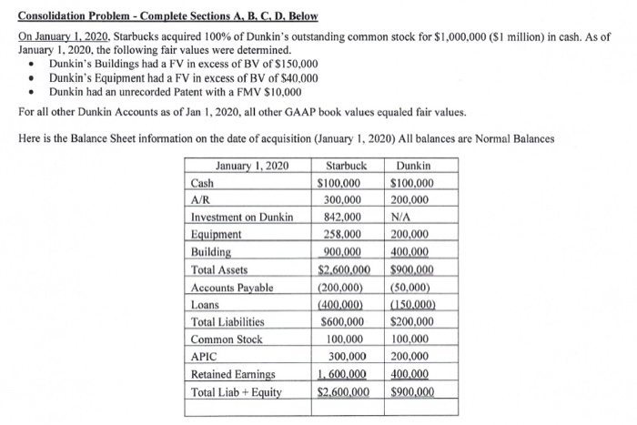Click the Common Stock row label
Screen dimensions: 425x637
[x=226, y=339]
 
